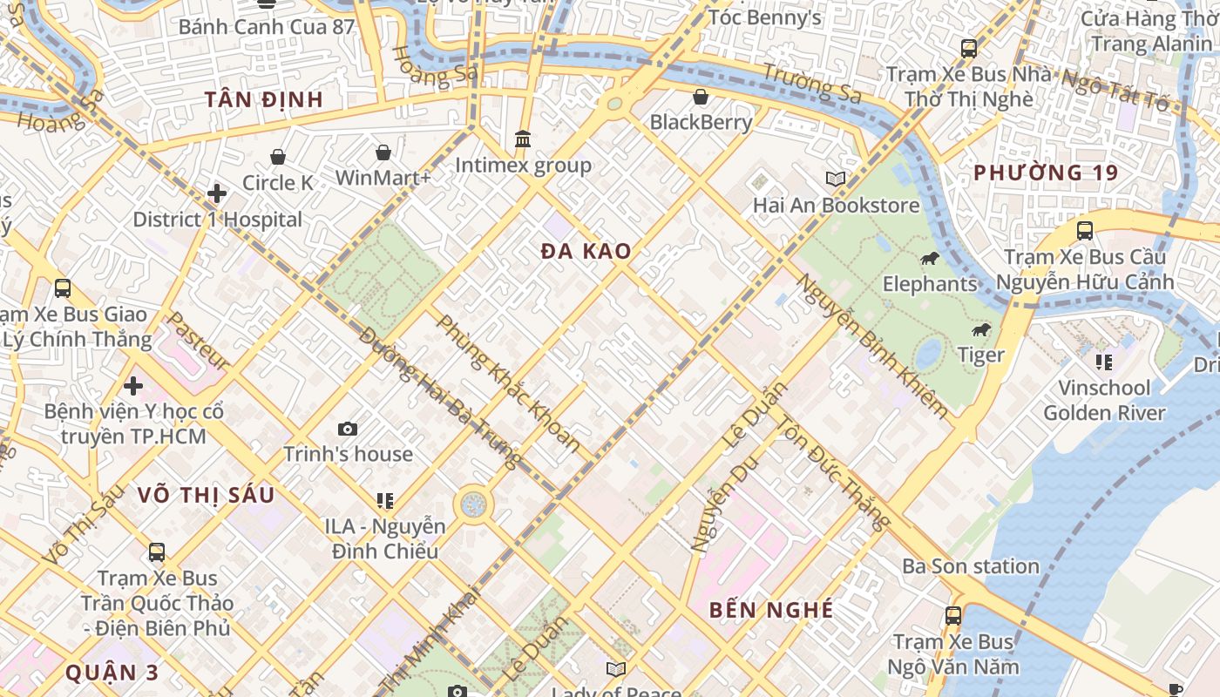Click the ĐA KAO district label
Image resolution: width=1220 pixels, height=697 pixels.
(x=586, y=252)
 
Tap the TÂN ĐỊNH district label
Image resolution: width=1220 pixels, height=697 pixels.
(x=264, y=99)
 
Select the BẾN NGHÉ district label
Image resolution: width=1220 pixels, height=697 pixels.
(x=771, y=610)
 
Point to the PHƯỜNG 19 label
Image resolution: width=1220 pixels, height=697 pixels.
(x=1045, y=173)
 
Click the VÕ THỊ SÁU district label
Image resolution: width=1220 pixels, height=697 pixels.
(x=206, y=496)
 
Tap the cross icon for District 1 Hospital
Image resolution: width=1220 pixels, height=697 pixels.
(x=217, y=193)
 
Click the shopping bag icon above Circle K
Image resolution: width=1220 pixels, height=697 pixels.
(x=277, y=157)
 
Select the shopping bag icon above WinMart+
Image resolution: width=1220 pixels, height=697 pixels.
(x=383, y=152)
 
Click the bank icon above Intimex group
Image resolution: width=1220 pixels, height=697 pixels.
(x=523, y=139)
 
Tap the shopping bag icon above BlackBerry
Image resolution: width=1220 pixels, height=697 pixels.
(x=701, y=96)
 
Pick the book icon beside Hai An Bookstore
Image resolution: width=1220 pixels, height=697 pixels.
(x=836, y=179)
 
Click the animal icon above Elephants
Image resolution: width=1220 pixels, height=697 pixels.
(x=930, y=258)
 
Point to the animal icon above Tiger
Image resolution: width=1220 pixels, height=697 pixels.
(x=981, y=329)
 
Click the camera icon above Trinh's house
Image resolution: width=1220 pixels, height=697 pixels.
(x=347, y=429)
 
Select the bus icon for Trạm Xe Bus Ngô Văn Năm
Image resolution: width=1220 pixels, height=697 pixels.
(x=953, y=616)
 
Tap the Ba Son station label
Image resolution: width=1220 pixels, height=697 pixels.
(x=970, y=566)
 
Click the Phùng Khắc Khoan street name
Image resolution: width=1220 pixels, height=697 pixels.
(x=507, y=383)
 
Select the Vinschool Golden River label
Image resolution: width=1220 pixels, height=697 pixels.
(x=1104, y=400)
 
